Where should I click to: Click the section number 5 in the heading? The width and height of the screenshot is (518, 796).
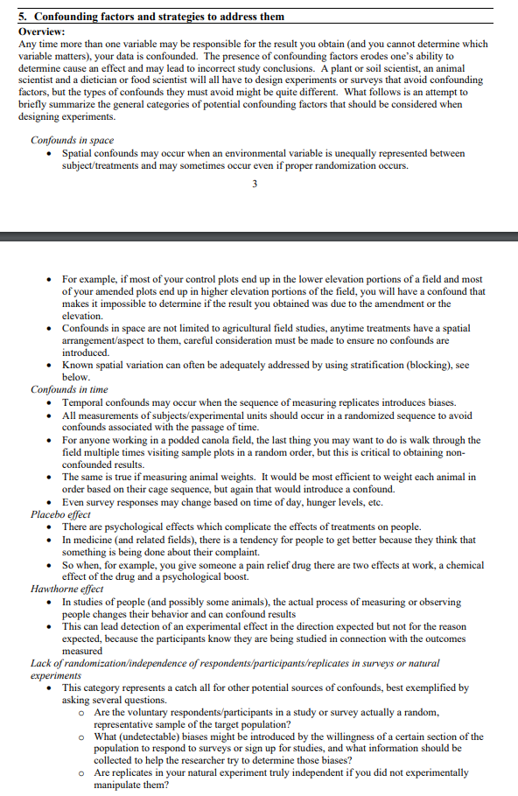[22, 17]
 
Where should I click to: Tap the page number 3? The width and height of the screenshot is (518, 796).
[254, 184]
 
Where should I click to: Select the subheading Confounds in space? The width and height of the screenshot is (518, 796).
[73, 140]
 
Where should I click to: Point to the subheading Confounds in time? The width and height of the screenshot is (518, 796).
[70, 389]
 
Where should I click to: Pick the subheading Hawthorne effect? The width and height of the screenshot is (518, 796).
[67, 589]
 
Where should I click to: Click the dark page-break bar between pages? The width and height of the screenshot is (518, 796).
[259, 236]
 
